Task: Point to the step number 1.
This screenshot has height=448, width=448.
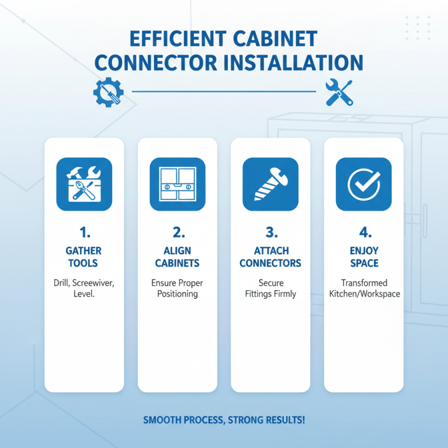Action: point(84,231)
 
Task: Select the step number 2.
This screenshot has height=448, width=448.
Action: point(178,231)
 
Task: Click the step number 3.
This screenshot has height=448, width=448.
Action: point(270,231)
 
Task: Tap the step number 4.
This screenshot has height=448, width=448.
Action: point(363,231)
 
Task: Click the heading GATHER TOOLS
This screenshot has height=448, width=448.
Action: point(84,256)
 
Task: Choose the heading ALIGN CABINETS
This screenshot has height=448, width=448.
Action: point(178,256)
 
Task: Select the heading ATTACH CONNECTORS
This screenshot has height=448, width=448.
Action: point(270,256)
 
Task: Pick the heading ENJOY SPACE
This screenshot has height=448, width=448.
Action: point(363,256)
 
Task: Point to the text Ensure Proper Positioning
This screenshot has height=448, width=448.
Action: point(178,288)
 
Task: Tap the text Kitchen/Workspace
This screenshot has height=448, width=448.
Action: point(363,294)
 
